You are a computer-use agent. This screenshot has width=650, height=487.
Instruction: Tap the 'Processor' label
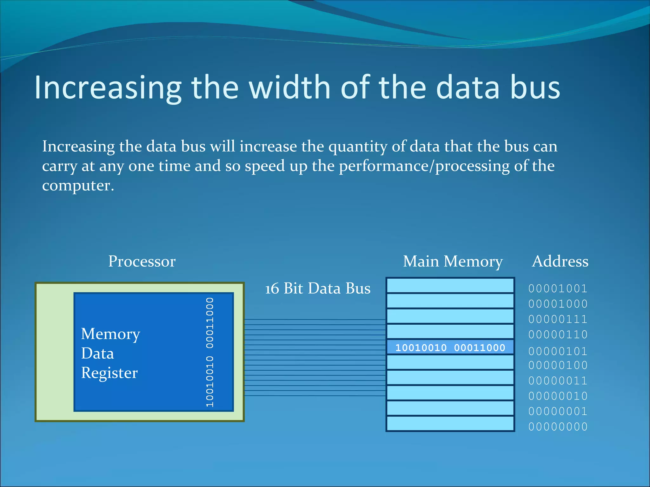coord(142,262)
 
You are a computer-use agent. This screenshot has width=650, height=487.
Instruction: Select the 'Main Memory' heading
coord(453,262)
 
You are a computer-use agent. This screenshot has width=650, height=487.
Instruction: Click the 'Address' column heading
coord(560,262)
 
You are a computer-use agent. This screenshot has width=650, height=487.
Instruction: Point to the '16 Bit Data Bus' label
coord(318,289)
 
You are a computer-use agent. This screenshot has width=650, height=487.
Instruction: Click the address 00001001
coord(558,289)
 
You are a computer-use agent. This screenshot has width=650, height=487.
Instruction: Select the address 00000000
coord(558,427)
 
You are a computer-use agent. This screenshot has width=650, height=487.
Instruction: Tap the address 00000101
coord(558,351)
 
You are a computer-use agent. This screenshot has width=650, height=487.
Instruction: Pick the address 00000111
coord(558,319)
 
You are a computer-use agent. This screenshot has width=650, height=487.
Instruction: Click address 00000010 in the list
coord(558,396)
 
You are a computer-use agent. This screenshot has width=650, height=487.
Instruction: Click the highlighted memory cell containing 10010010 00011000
coord(450,347)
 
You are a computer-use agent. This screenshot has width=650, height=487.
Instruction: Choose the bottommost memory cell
coord(450,424)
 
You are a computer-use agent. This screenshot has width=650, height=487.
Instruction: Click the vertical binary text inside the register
coord(209,352)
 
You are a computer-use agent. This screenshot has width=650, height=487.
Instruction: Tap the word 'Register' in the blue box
coord(109,373)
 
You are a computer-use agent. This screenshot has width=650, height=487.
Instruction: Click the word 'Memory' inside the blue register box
coord(110,334)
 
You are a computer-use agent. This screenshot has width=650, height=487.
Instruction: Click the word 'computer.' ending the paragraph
coord(78,185)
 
